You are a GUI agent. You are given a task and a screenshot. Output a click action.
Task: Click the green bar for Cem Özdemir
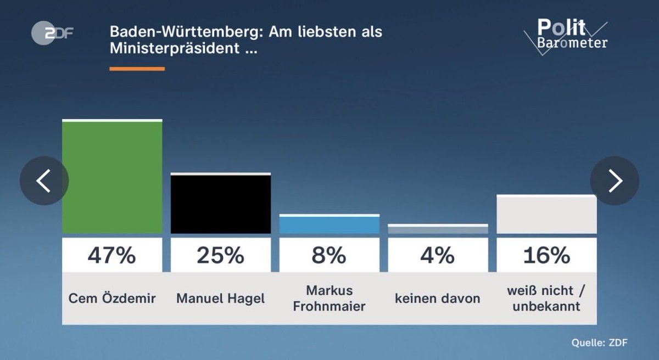[x=112, y=177]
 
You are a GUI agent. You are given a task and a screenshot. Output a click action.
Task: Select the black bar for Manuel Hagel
[x=220, y=204]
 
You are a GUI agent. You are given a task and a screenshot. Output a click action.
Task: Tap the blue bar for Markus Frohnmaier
[x=329, y=224]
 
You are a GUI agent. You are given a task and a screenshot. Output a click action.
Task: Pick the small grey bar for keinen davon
[x=438, y=229]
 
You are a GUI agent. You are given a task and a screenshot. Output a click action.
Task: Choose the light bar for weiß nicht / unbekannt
[x=546, y=215]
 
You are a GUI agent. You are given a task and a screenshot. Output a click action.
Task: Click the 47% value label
[x=112, y=255]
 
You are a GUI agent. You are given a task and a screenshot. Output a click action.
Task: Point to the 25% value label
[x=220, y=255]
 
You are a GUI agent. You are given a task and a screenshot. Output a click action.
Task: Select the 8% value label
[x=329, y=255]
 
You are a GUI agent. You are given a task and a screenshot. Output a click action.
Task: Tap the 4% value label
[x=438, y=255]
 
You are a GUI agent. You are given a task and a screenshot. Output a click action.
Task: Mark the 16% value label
[x=546, y=255]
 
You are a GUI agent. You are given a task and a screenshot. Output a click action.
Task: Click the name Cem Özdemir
[x=112, y=299]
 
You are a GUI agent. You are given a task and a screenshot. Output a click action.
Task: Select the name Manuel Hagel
[x=220, y=299]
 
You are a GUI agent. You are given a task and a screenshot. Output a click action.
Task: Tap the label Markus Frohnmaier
[x=329, y=299]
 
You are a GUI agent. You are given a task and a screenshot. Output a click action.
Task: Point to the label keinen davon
[x=438, y=299]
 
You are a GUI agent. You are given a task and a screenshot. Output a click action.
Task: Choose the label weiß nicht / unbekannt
[x=546, y=299]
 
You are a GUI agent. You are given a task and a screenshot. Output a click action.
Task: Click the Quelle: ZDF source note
[x=599, y=343]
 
